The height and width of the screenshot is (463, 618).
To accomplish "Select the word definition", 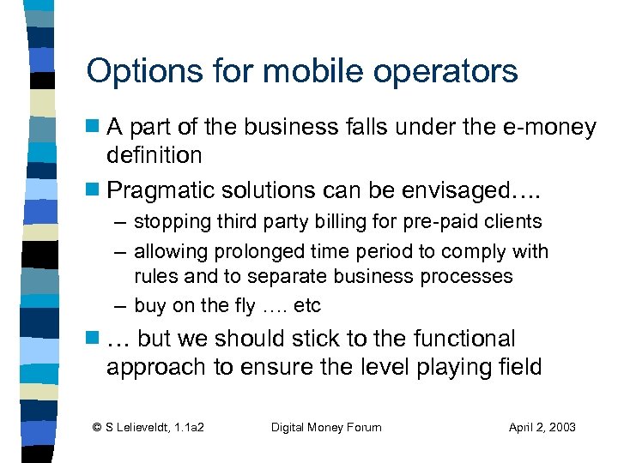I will point(154,155).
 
